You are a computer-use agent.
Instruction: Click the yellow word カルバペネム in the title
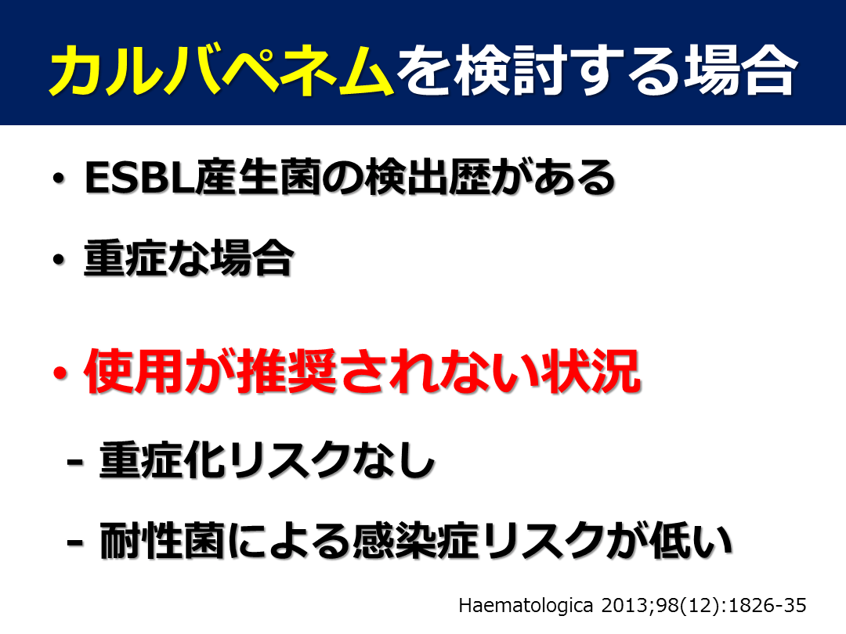[x=222, y=70]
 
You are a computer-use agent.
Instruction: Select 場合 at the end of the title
[x=740, y=70]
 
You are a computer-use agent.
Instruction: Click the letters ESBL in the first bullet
[x=139, y=178]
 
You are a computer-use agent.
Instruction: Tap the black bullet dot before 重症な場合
[x=58, y=259]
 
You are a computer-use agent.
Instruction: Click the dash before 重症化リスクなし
[x=75, y=462]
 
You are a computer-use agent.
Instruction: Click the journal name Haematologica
[x=526, y=605]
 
